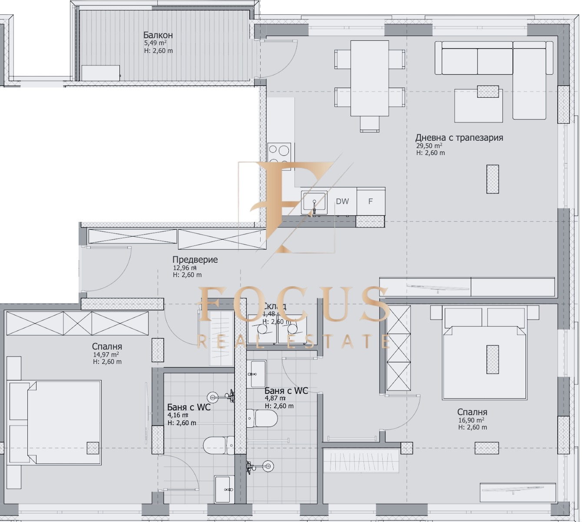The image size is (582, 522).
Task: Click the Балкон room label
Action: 158,35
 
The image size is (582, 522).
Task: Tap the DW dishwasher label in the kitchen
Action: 342,202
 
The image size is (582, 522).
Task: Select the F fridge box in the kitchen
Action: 370,202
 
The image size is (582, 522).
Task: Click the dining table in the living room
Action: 370,78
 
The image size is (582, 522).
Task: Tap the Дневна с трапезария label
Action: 459,138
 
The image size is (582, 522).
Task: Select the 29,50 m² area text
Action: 429,146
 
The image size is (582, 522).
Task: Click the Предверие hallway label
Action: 195,260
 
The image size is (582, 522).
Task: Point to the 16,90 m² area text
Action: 471,420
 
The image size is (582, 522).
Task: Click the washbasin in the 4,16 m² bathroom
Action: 225,489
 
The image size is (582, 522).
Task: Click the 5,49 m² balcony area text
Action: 155,43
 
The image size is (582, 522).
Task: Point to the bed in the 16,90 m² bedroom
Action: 484,360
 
